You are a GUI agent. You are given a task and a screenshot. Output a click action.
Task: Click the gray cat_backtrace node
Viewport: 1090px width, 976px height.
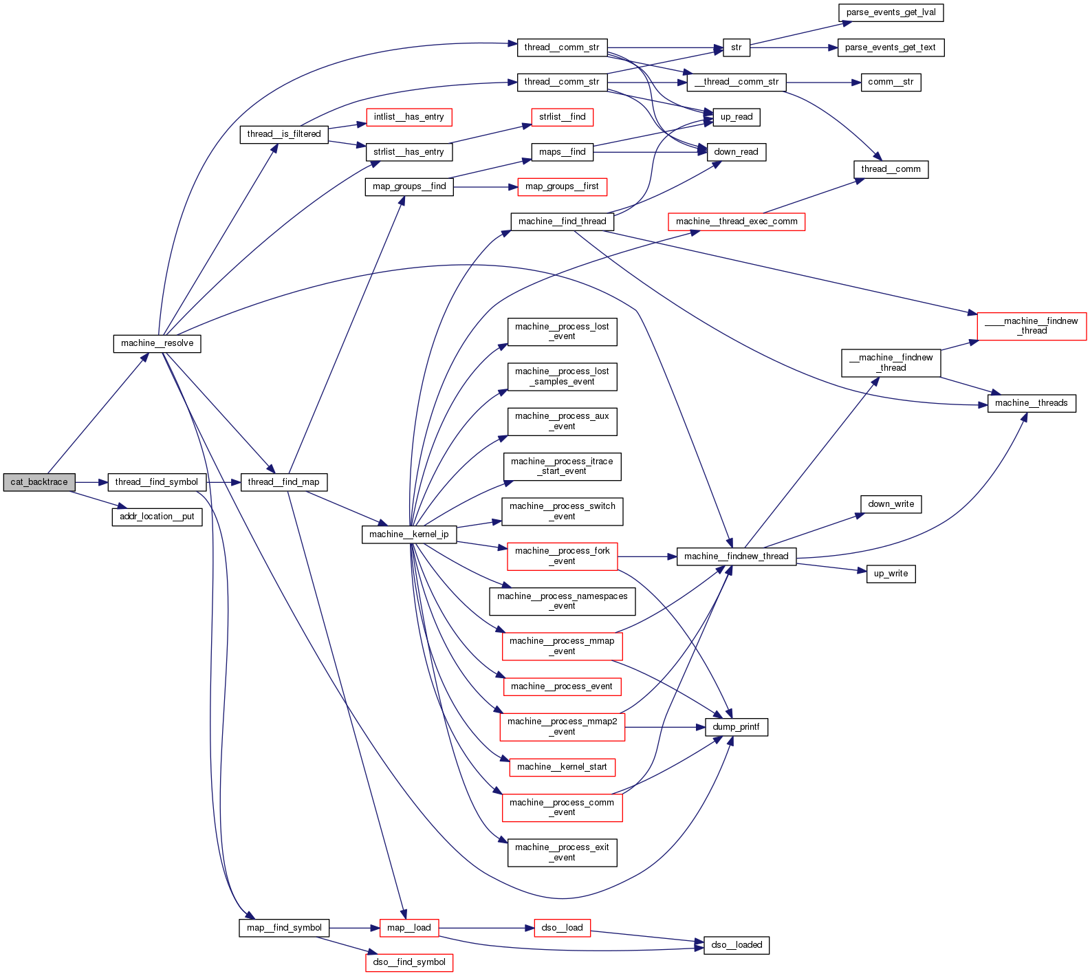(39, 482)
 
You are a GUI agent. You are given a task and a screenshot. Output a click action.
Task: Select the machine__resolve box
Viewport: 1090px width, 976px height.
(157, 343)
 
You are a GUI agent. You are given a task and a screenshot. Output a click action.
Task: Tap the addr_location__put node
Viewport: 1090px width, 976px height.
(157, 517)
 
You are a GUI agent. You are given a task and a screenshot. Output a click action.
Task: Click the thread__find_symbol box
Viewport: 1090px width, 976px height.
(156, 482)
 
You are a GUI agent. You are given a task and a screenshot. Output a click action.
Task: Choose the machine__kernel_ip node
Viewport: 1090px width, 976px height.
(408, 534)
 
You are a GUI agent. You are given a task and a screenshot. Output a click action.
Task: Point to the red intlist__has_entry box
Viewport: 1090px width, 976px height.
(408, 117)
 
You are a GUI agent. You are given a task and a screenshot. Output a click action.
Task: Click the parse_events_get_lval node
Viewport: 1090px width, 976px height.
(891, 12)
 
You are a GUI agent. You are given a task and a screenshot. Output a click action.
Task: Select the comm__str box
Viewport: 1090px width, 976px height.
(891, 82)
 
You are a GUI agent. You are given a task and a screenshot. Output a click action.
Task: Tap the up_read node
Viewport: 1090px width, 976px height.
(736, 117)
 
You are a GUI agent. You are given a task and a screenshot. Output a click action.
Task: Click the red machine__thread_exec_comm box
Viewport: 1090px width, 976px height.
(736, 221)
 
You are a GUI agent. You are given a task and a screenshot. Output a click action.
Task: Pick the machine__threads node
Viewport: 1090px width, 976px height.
(1031, 403)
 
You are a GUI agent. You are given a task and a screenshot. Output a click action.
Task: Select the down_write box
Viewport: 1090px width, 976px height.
(891, 504)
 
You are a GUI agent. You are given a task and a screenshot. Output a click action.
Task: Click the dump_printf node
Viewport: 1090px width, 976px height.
(736, 727)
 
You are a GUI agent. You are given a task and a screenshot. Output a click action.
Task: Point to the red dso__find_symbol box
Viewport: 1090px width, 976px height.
(408, 962)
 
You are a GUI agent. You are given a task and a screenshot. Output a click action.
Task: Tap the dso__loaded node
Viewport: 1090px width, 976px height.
(736, 945)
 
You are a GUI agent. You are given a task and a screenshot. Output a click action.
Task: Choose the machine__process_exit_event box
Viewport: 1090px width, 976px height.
(562, 852)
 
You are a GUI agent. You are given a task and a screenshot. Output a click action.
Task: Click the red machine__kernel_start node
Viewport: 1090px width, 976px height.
(562, 767)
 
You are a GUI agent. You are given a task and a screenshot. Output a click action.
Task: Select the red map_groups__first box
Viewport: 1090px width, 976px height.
(562, 186)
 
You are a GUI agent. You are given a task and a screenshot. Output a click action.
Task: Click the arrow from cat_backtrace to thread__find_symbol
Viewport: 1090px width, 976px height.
(91, 482)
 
